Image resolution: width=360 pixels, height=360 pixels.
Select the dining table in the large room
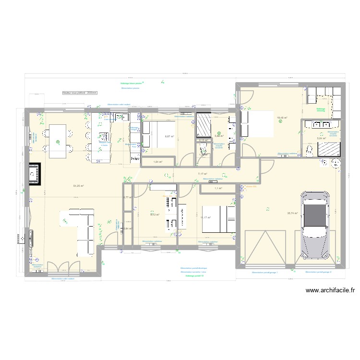tap(58, 139)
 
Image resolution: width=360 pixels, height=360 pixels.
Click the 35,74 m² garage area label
tap(292, 214)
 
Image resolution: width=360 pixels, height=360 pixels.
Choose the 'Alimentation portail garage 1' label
tap(265, 272)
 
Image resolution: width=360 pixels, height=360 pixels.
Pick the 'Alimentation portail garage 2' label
tap(318, 272)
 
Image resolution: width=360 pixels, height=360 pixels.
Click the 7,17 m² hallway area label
tap(203, 174)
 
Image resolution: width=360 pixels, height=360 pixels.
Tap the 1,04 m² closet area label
tap(157, 162)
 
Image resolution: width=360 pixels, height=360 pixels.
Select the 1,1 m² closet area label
tap(218, 188)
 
